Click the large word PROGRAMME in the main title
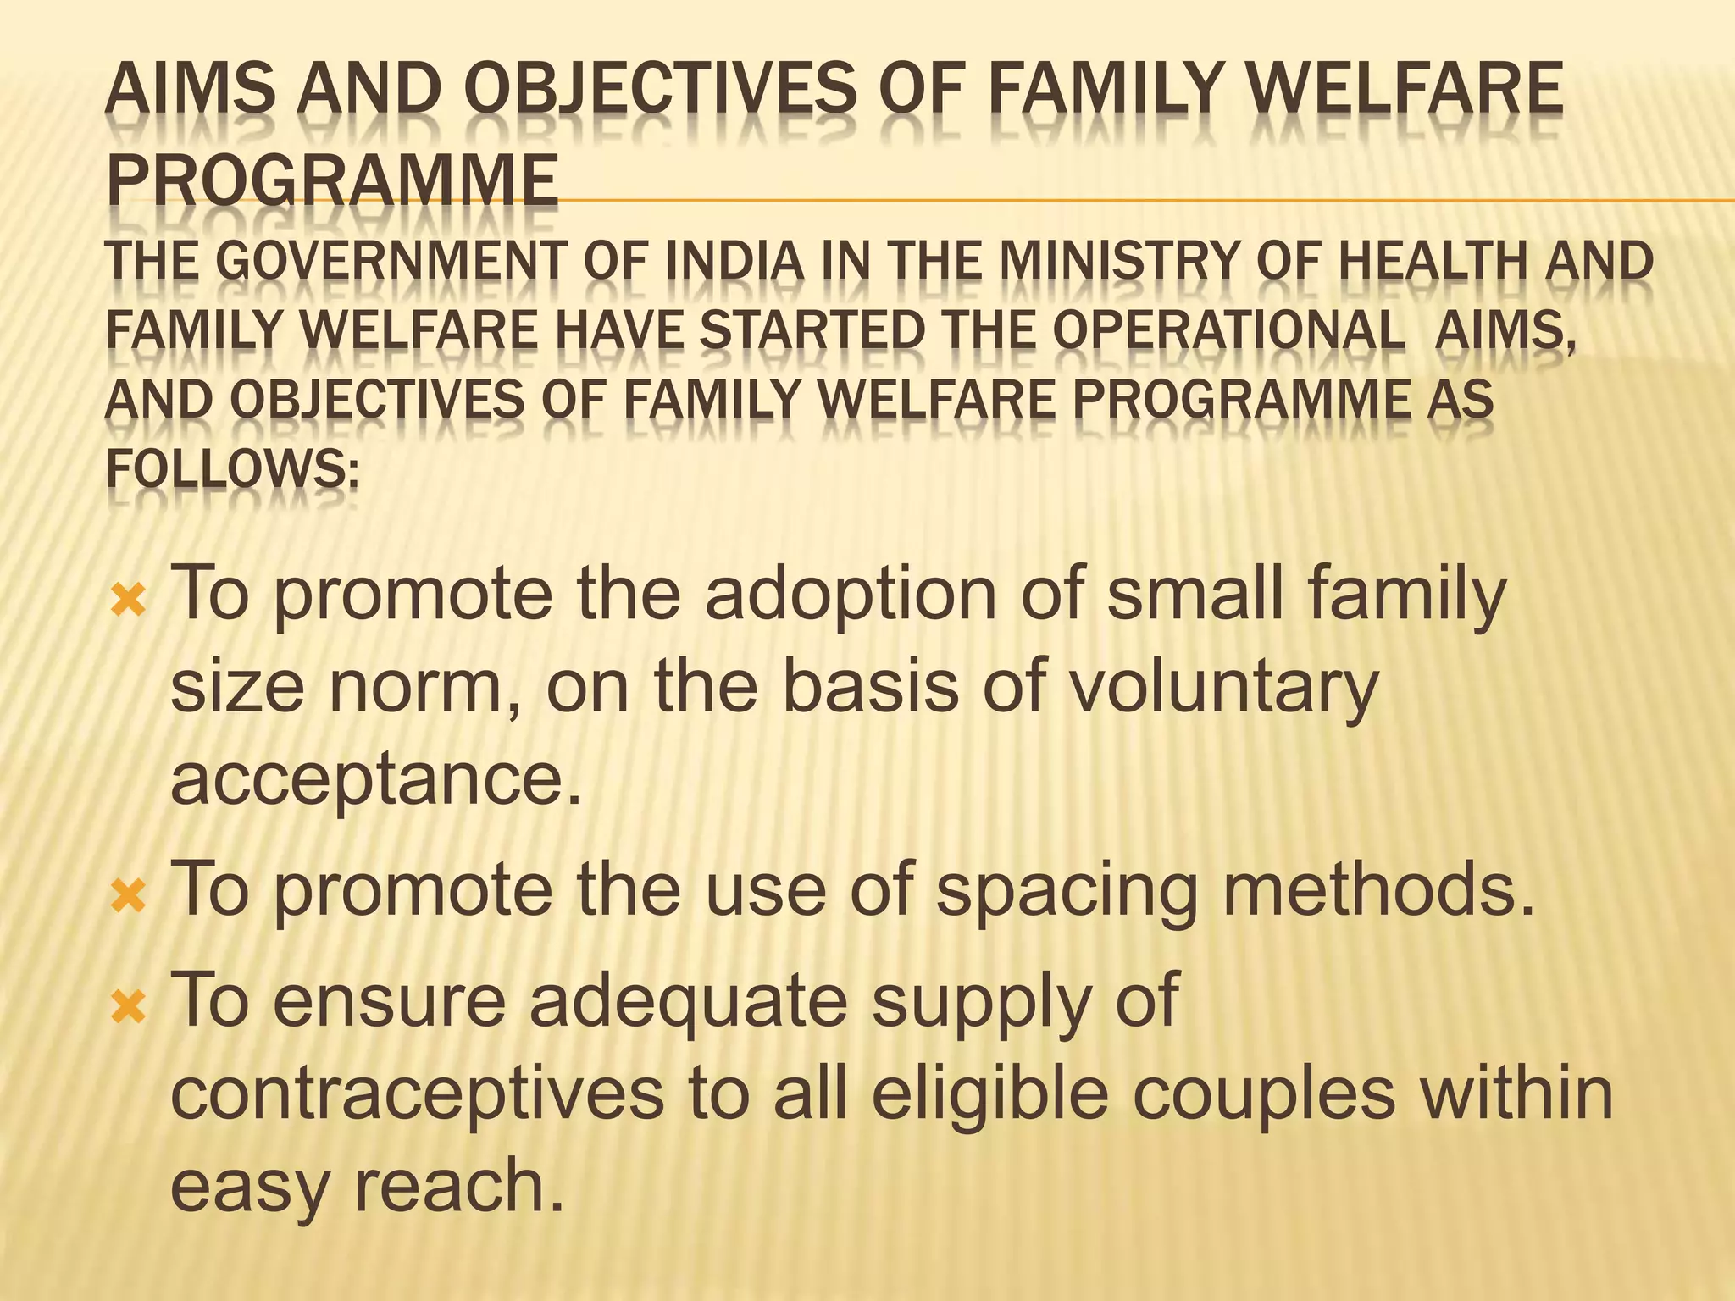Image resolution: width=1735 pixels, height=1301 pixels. click(332, 180)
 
